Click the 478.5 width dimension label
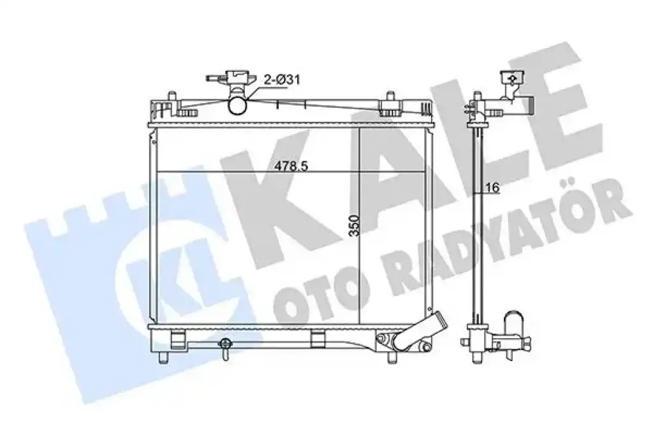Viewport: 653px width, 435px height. [x=291, y=166]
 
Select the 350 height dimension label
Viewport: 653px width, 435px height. [x=354, y=225]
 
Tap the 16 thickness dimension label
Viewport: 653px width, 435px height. [x=492, y=188]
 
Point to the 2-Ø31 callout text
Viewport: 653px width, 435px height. [x=282, y=79]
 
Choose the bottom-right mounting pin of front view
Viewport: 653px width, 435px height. [x=392, y=357]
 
